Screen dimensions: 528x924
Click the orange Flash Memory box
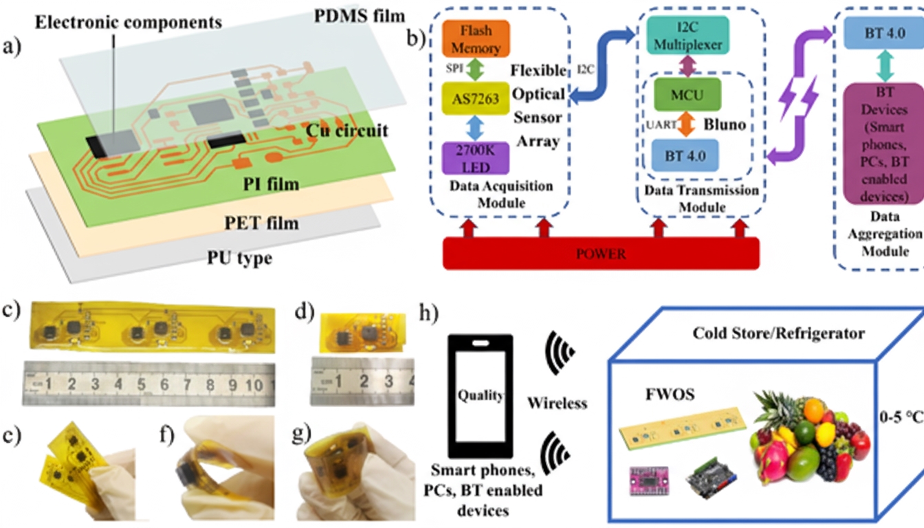[476, 38]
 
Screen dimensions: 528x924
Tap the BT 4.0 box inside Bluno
[684, 155]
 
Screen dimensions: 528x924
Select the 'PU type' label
[239, 259]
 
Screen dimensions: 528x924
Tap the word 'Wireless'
[557, 402]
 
